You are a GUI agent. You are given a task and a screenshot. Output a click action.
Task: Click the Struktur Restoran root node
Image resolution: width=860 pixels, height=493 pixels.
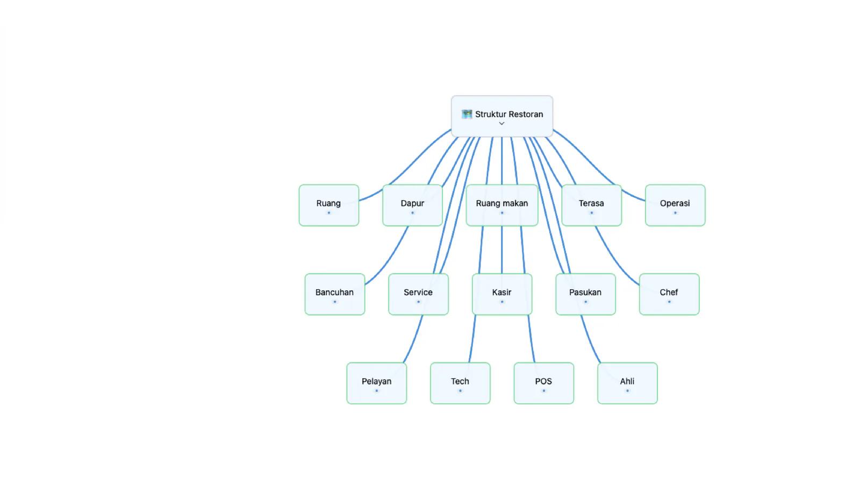502,116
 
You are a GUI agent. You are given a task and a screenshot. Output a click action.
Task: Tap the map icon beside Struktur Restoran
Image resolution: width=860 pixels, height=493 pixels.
467,114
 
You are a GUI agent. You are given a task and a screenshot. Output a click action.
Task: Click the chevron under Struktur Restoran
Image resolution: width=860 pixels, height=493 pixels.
501,123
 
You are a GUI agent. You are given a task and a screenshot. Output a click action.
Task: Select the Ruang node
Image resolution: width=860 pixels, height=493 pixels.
329,205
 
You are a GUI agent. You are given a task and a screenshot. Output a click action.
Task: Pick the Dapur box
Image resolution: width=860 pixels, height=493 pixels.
412,205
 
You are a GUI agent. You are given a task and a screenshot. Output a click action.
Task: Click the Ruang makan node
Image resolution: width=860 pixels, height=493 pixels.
502,205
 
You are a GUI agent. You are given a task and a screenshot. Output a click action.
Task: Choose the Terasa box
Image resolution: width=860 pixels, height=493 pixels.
591,205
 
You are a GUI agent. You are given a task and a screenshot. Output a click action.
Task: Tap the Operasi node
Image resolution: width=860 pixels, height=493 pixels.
675,205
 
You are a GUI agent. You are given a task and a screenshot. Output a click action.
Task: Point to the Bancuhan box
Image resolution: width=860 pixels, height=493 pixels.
335,295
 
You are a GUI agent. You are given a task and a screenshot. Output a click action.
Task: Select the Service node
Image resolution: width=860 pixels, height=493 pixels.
419,295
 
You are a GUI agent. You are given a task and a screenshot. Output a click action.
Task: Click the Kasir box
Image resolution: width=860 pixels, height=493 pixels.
502,295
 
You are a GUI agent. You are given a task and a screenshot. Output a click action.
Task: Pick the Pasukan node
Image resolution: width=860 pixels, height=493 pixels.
585,295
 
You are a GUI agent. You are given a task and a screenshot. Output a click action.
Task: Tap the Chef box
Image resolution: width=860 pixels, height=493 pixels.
669,295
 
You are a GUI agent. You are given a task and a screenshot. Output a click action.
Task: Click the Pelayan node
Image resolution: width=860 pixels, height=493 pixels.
377,383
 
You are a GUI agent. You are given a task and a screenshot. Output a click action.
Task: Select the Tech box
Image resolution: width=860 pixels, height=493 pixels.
460,383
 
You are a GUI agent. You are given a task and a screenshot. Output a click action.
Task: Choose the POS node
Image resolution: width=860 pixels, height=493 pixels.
543,383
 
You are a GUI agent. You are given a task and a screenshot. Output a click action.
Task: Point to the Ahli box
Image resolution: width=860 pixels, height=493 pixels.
627,383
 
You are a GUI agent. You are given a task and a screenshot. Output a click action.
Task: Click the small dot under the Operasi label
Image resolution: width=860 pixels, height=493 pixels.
675,213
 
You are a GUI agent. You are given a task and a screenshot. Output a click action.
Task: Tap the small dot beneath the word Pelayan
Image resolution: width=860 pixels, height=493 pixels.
377,391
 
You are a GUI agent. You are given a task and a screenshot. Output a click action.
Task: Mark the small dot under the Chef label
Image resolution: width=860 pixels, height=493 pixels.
669,302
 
